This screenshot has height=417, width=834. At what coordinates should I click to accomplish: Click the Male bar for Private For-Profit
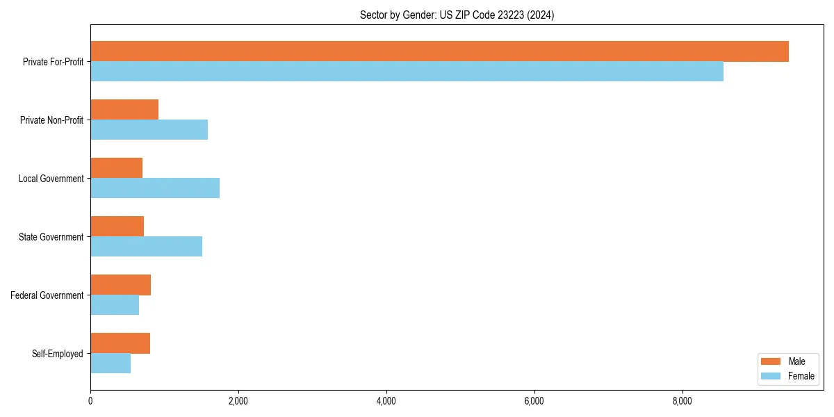[x=439, y=51]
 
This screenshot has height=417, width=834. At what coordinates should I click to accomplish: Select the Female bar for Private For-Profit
[x=407, y=72]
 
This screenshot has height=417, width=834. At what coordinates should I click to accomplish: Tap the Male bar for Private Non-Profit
[x=124, y=110]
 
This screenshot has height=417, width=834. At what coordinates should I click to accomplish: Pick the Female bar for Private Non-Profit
[x=149, y=130]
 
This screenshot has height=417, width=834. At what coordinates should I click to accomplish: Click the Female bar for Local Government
[x=155, y=188]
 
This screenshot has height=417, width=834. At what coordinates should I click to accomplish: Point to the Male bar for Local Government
[x=116, y=168]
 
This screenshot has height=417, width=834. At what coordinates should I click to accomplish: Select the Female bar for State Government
[x=146, y=247]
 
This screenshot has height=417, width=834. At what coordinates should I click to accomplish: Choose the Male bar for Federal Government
[x=120, y=285]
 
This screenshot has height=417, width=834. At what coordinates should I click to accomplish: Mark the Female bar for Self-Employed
[x=111, y=363]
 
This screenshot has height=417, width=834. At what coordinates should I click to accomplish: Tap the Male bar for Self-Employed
[x=120, y=343]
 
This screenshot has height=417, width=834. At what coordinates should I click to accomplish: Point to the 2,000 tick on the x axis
[x=238, y=401]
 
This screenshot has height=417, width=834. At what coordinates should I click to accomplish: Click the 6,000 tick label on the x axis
[x=534, y=401]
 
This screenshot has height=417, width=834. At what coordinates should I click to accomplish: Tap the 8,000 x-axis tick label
[x=682, y=401]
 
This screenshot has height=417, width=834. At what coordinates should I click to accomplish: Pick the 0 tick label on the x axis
[x=90, y=401]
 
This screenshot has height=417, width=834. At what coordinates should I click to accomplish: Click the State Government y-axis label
[x=51, y=237]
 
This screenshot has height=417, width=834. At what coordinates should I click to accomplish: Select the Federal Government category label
[x=47, y=295]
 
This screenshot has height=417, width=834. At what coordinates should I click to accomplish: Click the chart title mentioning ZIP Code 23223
[x=457, y=15]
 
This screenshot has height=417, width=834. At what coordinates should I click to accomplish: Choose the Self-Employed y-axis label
[x=58, y=354]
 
